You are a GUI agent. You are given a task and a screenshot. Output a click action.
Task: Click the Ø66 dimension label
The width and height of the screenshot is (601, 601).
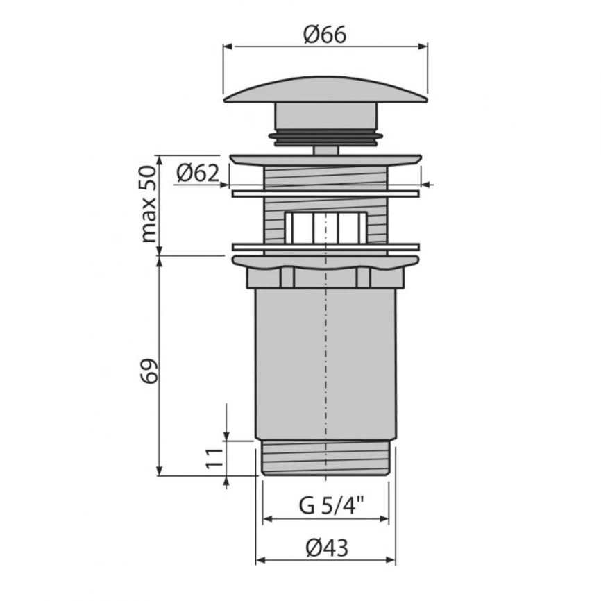[x=325, y=35]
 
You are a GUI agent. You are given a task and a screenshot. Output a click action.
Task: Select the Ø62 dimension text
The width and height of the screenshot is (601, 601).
[x=198, y=173]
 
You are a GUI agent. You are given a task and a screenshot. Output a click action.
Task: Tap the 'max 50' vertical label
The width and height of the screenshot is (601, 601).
[x=149, y=204]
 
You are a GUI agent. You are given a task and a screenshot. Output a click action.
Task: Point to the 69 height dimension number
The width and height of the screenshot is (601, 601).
[x=149, y=371]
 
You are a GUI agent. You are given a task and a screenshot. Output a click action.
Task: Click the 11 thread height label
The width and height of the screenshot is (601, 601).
[x=214, y=458]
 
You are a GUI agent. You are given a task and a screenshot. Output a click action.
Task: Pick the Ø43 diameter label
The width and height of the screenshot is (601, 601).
[x=327, y=548]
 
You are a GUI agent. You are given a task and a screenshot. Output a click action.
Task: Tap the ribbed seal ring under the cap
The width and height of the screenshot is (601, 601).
[x=325, y=138]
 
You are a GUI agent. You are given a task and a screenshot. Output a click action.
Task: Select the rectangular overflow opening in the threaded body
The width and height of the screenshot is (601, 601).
[x=325, y=228]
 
